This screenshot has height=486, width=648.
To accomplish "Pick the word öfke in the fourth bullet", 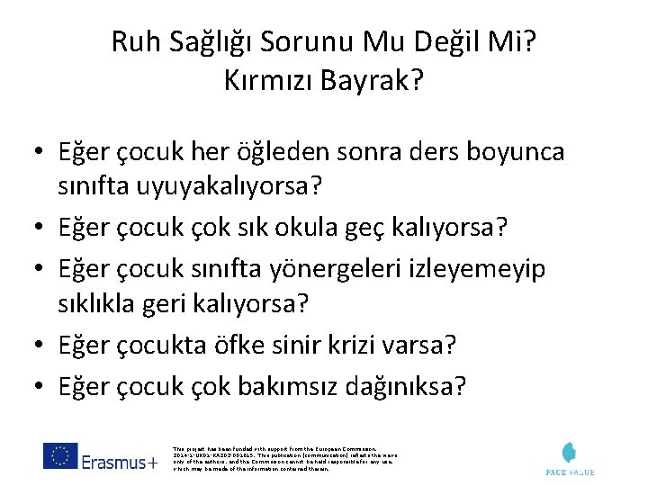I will pyautogui.click(x=242, y=345).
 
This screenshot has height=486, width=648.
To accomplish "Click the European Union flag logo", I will pyautogui.click(x=59, y=456).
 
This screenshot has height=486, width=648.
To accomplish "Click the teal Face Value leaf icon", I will pyautogui.click(x=570, y=453).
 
